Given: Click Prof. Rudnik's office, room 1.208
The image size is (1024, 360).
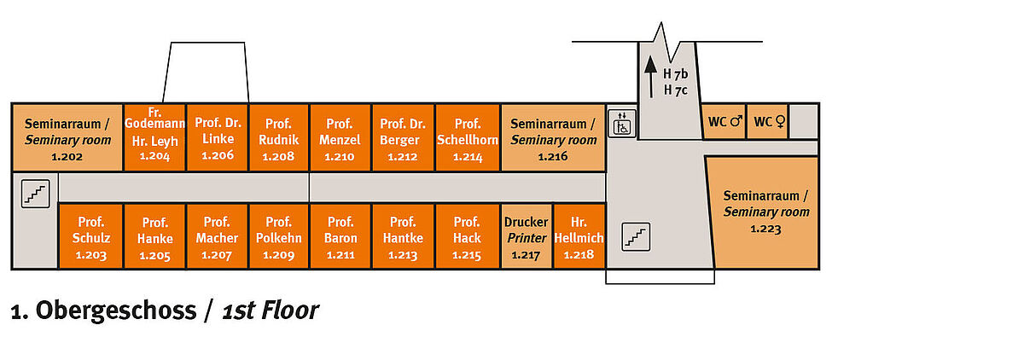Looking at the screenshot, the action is [278, 137].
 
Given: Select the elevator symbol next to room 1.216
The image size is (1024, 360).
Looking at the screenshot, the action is [622, 124].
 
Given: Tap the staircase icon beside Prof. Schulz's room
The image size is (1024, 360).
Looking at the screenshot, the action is [36, 194].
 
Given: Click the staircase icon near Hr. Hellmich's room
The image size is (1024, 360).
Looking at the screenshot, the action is [636, 237].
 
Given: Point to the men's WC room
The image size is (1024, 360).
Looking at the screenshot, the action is [724, 121].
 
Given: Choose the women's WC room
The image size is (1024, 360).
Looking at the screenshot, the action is [767, 121].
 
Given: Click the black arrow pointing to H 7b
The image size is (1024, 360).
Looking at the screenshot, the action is [651, 77].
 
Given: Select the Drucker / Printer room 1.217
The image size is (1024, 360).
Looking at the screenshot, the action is [527, 236].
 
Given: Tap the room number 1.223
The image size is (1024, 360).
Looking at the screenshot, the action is [765, 229].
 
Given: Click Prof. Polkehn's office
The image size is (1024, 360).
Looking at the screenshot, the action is [278, 236].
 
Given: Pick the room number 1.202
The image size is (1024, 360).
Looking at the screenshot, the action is [67, 157].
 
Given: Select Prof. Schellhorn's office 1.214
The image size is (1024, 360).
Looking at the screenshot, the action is [468, 137].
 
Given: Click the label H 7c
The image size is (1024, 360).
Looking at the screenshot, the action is [676, 90].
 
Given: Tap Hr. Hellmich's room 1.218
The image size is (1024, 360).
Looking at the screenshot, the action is [579, 236].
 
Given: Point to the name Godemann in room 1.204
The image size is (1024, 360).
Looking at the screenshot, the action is [155, 124].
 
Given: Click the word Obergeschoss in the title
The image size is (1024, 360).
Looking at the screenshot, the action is [116, 311].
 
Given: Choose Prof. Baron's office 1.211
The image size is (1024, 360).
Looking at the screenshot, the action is [340, 236].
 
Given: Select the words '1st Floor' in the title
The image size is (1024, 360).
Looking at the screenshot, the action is [271, 311].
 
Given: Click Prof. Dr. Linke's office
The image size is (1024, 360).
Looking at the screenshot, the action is [218, 137].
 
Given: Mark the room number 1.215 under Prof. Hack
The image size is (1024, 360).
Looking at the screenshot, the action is [467, 255].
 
